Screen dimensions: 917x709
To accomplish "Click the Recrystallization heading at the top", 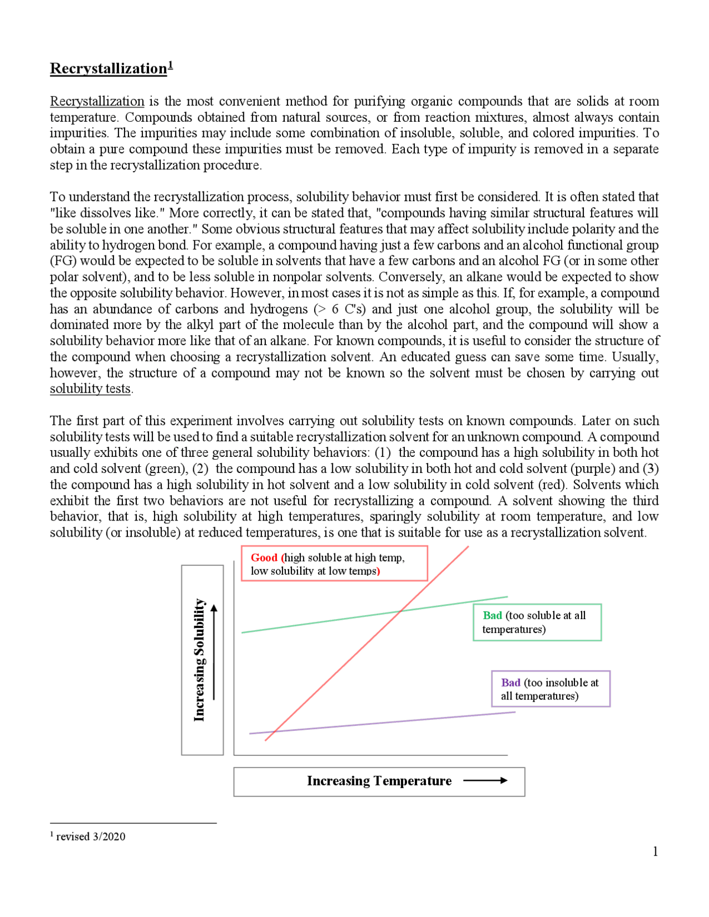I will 108,69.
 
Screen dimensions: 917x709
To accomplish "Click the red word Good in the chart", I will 264,558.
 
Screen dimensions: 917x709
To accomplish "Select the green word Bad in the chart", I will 492,615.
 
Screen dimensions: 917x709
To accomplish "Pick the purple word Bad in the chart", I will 510,683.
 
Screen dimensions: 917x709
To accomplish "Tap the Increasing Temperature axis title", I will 379,781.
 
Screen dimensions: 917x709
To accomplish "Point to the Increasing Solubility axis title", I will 199,660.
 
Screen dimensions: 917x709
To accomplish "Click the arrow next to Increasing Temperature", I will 485,781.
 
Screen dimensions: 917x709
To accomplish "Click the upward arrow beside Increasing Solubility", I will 214,653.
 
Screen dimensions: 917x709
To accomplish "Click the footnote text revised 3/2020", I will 90,837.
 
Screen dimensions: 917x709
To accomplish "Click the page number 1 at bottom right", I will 655,852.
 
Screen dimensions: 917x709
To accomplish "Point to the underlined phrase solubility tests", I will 90,389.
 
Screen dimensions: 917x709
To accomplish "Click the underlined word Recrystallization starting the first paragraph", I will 97,101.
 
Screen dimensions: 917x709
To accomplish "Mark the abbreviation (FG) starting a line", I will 63,261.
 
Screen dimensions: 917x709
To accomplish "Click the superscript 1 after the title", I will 171,65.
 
